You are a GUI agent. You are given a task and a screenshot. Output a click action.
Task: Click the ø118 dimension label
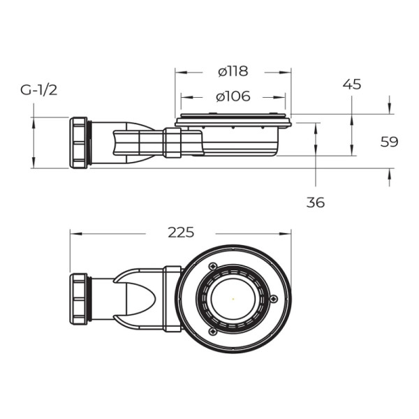tap(233, 71)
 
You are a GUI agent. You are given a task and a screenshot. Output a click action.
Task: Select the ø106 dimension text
tap(233, 96)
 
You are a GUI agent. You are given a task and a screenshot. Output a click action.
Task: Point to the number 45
tap(352, 84)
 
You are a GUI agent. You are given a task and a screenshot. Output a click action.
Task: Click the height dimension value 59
tap(389, 142)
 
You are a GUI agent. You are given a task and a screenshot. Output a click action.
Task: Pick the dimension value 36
tap(316, 203)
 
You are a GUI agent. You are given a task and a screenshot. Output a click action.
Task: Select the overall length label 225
tap(181, 233)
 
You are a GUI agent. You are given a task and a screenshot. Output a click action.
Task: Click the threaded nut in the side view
tap(79, 142)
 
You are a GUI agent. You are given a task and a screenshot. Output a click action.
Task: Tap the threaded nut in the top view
tap(79, 298)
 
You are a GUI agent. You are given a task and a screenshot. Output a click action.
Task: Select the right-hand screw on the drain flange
tap(273, 299)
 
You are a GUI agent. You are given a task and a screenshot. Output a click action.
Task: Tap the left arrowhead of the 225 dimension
tap(73, 233)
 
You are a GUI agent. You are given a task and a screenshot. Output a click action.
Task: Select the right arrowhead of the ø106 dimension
tap(288, 97)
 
